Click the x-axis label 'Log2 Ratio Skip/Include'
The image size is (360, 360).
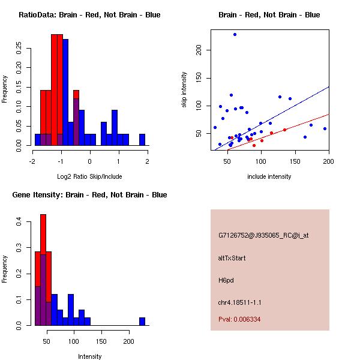tap(89, 176)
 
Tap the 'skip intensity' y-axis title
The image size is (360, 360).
tap(185, 90)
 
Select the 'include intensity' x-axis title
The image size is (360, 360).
tap(269, 176)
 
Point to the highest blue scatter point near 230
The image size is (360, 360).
tap(235, 34)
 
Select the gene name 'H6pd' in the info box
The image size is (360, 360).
tap(226, 280)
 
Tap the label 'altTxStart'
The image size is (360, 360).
tap(232, 258)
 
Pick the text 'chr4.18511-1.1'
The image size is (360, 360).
tap(239, 302)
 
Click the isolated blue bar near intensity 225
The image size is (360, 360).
tap(142, 321)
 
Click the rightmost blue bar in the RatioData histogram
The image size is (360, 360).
tap(142, 139)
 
